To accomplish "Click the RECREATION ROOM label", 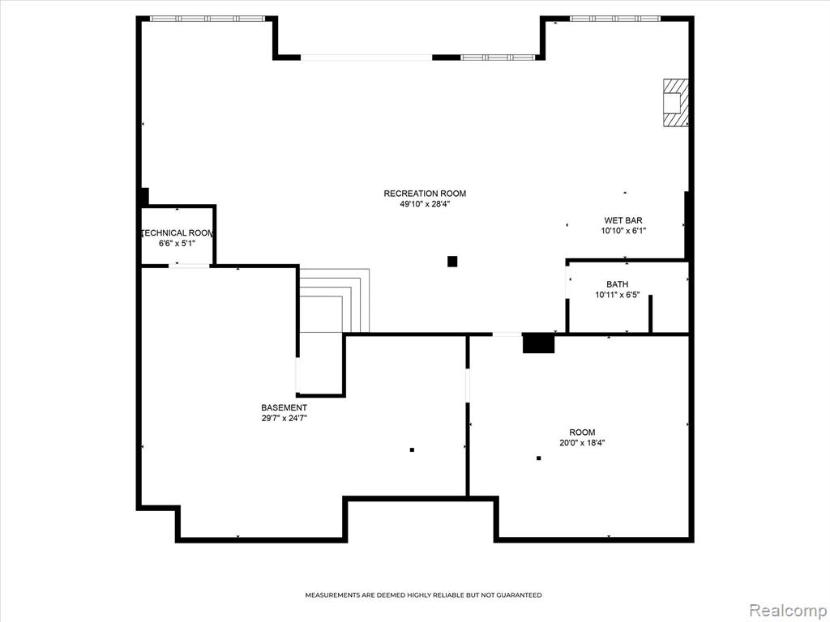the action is coord(425,194).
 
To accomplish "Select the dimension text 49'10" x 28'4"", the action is coord(425,204).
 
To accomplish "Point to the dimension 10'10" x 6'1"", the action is coord(623,231).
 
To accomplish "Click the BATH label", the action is coord(618,284).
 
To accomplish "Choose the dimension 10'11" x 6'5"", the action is coord(618,295).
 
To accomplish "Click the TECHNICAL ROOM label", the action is coord(178,233).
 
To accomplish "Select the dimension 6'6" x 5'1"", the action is coord(178,243).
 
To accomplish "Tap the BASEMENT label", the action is coord(284,408).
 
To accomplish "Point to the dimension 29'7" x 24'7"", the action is coord(284,419).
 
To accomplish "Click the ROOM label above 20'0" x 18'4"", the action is coord(582,432).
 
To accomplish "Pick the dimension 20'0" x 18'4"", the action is coord(582,443).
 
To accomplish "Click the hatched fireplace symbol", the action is coord(676,103).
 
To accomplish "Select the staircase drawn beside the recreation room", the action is coord(333,300).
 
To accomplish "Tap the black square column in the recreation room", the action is coord(452,262).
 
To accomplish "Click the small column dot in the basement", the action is coord(412,450).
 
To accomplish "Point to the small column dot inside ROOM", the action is coord(539,458).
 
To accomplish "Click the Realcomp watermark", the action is coord(787,610).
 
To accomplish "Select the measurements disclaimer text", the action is coord(423,595).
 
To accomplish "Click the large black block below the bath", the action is coord(538,343).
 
